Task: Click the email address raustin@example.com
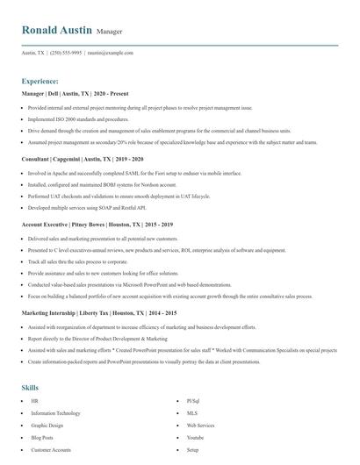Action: (111, 53)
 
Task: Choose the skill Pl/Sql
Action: (193, 400)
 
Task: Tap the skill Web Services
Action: (201, 425)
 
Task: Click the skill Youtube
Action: (195, 437)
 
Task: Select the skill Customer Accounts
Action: (52, 449)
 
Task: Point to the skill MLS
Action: (192, 412)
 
